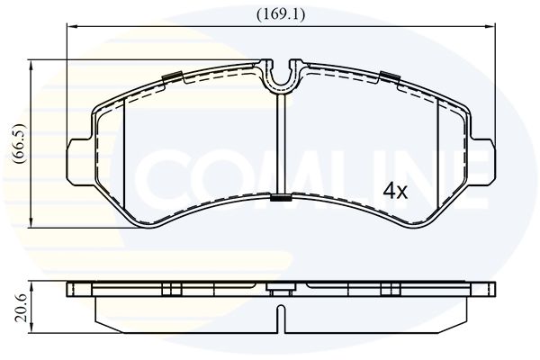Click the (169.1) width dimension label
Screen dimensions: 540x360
(281, 14)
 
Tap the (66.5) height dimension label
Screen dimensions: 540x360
(19, 143)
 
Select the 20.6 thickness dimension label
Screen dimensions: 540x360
(22, 308)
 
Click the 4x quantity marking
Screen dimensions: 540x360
(396, 191)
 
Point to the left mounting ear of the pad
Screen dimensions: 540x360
(78, 162)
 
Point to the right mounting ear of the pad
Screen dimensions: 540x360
(482, 162)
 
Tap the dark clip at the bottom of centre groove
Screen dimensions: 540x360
(281, 198)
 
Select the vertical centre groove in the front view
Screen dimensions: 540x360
(281, 144)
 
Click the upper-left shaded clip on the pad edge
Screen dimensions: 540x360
(172, 76)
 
